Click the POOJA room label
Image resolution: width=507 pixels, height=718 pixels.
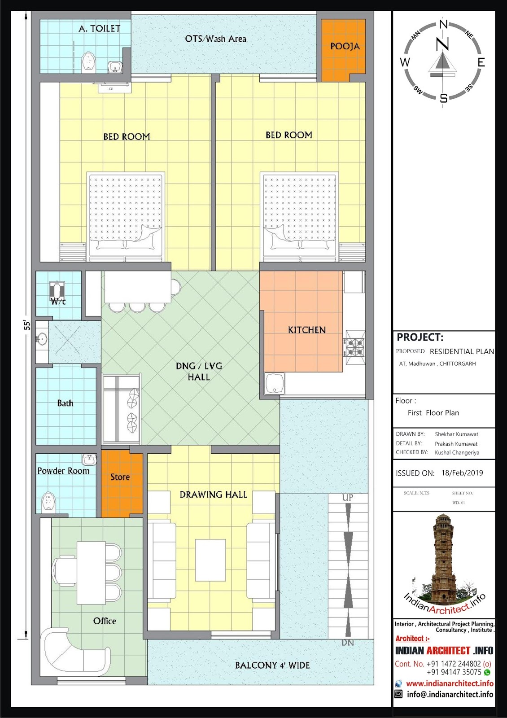[x=345, y=46]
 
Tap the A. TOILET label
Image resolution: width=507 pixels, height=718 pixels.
[x=100, y=29]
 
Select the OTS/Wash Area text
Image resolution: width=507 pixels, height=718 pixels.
[x=215, y=39]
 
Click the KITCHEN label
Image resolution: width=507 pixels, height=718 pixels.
[x=306, y=330]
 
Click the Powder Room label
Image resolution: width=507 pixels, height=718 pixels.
[x=63, y=471]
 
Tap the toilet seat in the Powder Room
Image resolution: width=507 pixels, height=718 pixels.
[x=48, y=503]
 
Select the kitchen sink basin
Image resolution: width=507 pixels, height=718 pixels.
[x=274, y=384]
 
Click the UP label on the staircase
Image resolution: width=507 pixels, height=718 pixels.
[x=348, y=498]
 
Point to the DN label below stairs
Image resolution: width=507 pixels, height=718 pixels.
[x=348, y=643]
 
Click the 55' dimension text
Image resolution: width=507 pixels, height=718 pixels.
[x=27, y=325]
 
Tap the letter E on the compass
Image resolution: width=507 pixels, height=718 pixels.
[x=481, y=62]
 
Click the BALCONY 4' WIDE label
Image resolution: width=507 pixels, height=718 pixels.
[x=272, y=665]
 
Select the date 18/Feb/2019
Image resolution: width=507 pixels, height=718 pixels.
[x=462, y=473]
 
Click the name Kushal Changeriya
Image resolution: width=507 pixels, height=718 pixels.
[x=457, y=452]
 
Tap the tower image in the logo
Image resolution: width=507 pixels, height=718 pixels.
[x=444, y=561]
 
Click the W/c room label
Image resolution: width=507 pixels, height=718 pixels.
[x=58, y=301]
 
